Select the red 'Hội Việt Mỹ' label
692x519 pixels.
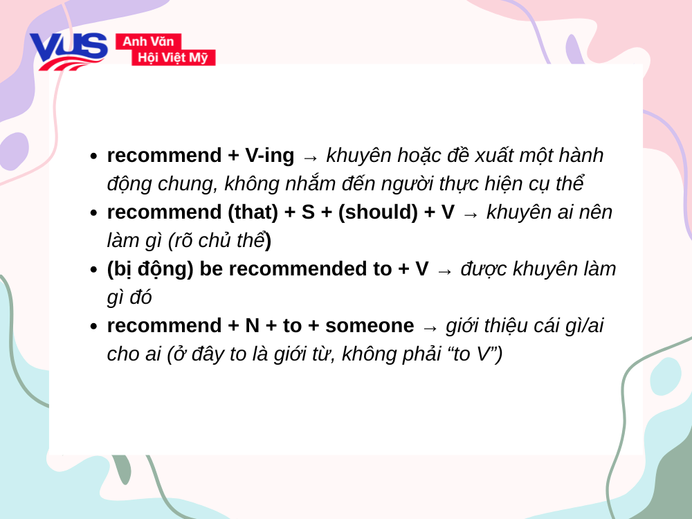(x=173, y=57)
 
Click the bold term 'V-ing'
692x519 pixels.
(x=270, y=156)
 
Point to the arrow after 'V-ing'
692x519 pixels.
(x=311, y=157)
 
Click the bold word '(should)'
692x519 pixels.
(x=378, y=212)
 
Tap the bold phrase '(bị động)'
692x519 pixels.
(x=150, y=269)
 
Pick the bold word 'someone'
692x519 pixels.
(x=370, y=326)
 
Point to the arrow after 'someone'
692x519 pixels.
(x=430, y=327)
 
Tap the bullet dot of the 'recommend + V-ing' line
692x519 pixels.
(x=93, y=157)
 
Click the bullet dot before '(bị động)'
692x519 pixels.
(x=93, y=271)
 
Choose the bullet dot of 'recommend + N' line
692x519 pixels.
(x=93, y=327)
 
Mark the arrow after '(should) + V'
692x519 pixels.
(x=471, y=214)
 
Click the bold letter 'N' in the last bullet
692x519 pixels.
(x=253, y=326)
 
